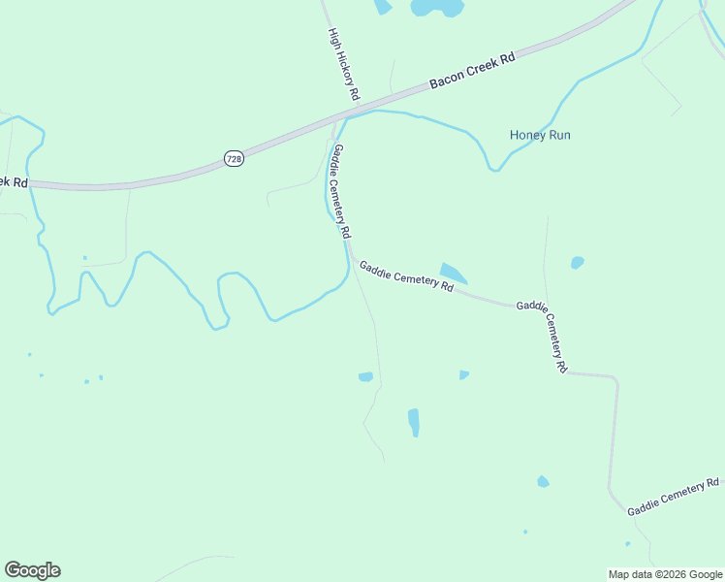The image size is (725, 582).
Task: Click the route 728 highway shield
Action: [x=234, y=158]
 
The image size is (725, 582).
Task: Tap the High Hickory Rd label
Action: [x=344, y=65]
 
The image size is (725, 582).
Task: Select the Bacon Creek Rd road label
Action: [x=472, y=72]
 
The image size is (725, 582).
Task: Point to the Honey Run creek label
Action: [x=540, y=135]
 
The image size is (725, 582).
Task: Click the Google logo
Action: [x=32, y=570]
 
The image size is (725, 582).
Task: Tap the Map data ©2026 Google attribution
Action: [x=665, y=574]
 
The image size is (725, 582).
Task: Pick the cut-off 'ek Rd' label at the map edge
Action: [x=14, y=181]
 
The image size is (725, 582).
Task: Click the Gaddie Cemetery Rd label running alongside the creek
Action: [x=341, y=191]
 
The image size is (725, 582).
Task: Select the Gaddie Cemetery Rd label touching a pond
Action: [x=406, y=276]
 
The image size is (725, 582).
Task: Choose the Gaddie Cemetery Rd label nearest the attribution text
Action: [x=673, y=497]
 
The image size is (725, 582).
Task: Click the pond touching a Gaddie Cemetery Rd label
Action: [x=452, y=273]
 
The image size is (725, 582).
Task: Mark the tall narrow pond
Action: [x=414, y=422]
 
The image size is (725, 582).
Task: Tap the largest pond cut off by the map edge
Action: [x=437, y=8]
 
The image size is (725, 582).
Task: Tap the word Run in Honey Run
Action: [x=559, y=135]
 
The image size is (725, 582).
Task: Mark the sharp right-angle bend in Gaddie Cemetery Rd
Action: [x=615, y=377]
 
